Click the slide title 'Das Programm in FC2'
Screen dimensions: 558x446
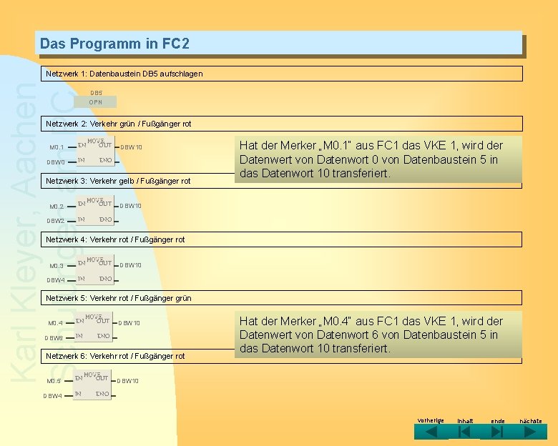pyautogui.click(x=114, y=44)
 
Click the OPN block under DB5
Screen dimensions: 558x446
pyautogui.click(x=95, y=102)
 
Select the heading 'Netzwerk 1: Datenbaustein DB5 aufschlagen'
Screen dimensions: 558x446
pyautogui.click(x=124, y=74)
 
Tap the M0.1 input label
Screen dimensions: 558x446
pyautogui.click(x=57, y=148)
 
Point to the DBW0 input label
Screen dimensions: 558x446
pyautogui.click(x=56, y=162)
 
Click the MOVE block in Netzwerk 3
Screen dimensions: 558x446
pyautogui.click(x=94, y=210)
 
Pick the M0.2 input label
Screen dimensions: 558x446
pyautogui.click(x=57, y=207)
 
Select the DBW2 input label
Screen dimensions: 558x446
pyautogui.click(x=56, y=221)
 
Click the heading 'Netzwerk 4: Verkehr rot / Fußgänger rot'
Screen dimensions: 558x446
pyautogui.click(x=115, y=239)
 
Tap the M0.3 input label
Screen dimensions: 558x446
pyautogui.click(x=57, y=266)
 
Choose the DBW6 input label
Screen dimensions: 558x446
pyautogui.click(x=54, y=338)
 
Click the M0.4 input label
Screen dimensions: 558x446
pyautogui.click(x=56, y=323)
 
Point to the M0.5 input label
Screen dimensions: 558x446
pyautogui.click(x=54, y=381)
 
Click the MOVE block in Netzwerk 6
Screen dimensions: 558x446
pyautogui.click(x=93, y=385)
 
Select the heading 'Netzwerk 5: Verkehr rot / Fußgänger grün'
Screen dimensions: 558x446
pyautogui.click(x=119, y=298)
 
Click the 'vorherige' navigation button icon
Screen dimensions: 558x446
pyautogui.click(x=430, y=433)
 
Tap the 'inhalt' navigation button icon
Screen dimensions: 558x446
pyautogui.click(x=464, y=433)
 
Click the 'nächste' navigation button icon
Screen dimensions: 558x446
pyautogui.click(x=530, y=433)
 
